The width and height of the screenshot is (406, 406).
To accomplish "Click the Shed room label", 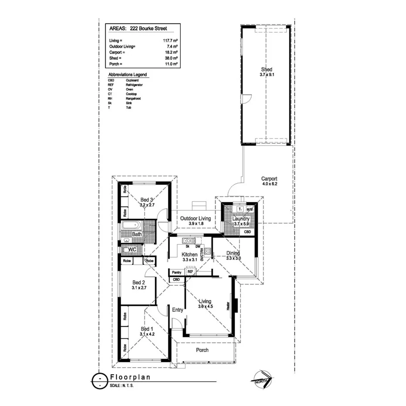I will click(266, 70).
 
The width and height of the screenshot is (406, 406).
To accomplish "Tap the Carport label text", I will click(269, 179).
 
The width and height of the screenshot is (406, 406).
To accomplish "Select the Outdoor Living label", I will click(196, 218).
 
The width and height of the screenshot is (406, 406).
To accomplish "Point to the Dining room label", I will click(234, 252).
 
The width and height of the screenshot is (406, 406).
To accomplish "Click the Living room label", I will click(205, 301).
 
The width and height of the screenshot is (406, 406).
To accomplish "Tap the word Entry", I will click(178, 310).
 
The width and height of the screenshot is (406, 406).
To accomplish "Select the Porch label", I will click(202, 350).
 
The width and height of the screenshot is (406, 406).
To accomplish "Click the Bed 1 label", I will click(147, 329).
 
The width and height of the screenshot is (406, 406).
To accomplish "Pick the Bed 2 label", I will click(138, 282).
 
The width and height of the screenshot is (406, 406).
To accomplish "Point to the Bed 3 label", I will click(147, 200).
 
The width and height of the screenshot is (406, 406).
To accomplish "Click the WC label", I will click(133, 250).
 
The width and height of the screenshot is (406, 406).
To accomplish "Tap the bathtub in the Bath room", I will click(132, 226).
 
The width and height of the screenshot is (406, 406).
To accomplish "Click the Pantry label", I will click(176, 272).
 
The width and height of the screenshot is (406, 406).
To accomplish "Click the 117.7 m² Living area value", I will click(170, 40).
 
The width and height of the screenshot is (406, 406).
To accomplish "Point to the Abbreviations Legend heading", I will click(128, 74).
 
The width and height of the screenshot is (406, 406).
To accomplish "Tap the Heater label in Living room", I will click(228, 306).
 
